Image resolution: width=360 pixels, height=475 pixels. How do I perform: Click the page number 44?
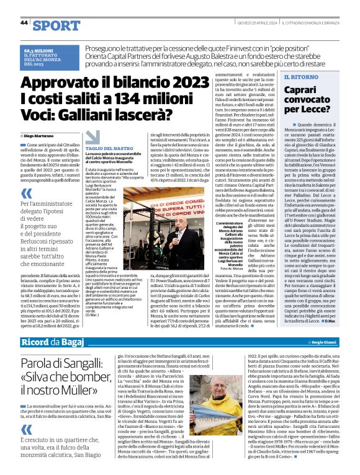pos(24,23)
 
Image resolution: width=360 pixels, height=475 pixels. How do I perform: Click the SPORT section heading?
pos(56,25)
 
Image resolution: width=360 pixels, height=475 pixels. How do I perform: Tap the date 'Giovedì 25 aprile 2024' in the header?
pos(254,22)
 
